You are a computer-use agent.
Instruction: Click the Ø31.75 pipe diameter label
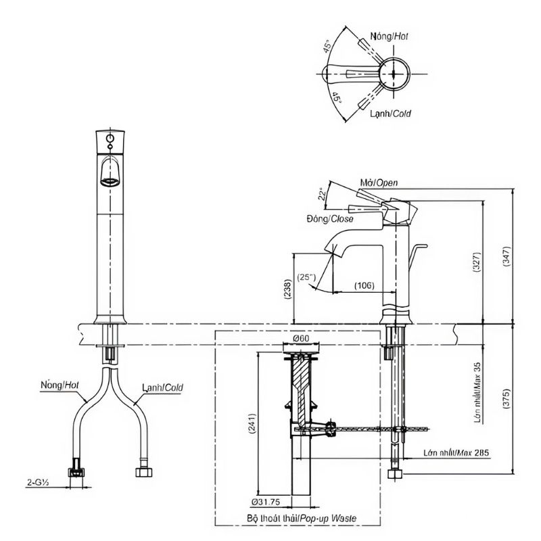266,502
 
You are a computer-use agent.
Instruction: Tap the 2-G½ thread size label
38,483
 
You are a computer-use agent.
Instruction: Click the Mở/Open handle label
379,183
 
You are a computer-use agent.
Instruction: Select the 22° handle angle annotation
323,195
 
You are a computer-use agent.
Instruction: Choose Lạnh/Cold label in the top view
390,114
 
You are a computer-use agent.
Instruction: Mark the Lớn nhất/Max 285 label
450,452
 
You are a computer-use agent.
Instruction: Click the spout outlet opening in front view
110,181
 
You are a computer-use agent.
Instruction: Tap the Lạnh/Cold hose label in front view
162,388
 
